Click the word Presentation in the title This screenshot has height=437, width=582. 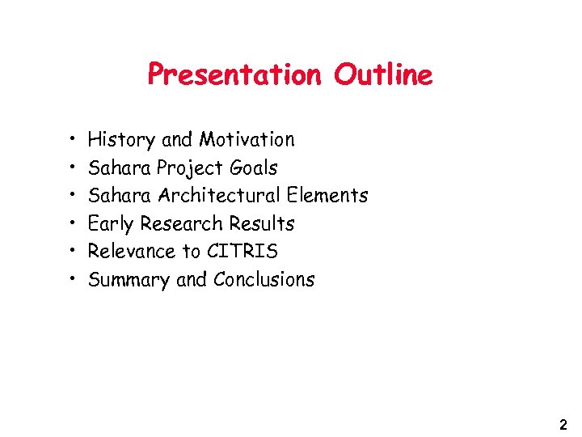click(234, 75)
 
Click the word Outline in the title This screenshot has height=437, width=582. click(383, 75)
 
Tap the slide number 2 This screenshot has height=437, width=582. click(563, 424)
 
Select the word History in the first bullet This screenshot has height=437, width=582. click(121, 140)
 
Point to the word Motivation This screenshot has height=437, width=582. click(247, 140)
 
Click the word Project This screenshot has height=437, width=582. click(192, 168)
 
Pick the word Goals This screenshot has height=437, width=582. click(254, 168)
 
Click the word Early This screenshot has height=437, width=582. click(111, 224)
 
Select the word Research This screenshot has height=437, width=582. click(183, 224)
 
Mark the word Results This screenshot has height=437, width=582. click(264, 224)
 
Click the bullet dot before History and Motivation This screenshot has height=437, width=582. click(72, 141)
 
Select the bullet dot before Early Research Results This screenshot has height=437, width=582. click(72, 224)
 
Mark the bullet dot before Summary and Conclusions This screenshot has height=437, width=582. click(72, 280)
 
